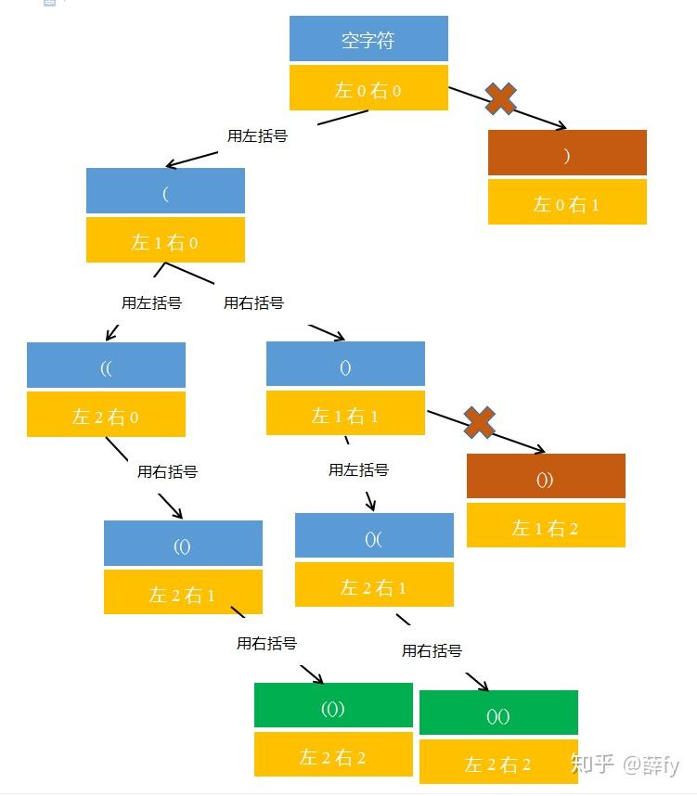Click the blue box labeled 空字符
(368, 39)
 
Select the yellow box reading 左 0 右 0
(368, 89)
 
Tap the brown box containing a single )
(567, 153)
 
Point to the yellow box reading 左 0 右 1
(567, 202)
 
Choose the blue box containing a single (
(165, 191)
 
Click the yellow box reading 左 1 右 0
(165, 240)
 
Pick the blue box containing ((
(106, 366)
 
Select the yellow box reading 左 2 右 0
(106, 415)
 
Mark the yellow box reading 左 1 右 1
(345, 413)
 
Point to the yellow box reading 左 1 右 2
(546, 525)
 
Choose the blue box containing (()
(183, 544)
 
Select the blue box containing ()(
(374, 536)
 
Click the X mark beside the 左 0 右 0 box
(501, 98)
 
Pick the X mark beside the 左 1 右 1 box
(479, 422)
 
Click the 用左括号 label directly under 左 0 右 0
(257, 135)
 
